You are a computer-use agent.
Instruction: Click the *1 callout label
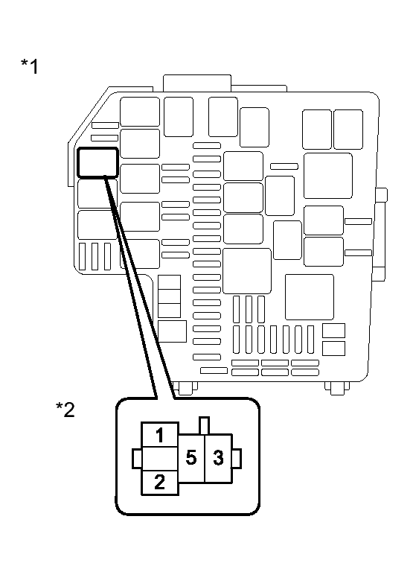30,66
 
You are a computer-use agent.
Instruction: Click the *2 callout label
65,410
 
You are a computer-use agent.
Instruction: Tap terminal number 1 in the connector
160,435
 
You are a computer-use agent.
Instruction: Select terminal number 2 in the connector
160,483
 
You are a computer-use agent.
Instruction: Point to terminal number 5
191,458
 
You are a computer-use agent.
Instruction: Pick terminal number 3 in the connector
218,458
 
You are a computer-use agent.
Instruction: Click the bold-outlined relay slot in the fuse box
97,162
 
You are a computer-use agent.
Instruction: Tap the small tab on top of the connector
204,426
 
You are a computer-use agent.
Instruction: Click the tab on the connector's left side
137,459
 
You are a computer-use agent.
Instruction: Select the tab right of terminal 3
237,459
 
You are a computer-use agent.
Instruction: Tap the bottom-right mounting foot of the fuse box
337,388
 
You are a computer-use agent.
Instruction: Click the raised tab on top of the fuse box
197,83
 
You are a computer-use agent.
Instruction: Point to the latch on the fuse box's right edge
380,234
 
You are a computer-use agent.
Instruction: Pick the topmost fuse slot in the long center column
207,145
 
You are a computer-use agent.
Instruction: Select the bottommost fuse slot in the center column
207,357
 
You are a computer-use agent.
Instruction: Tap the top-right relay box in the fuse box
348,130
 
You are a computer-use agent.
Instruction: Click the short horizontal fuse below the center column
214,370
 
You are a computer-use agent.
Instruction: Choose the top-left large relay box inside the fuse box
140,112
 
